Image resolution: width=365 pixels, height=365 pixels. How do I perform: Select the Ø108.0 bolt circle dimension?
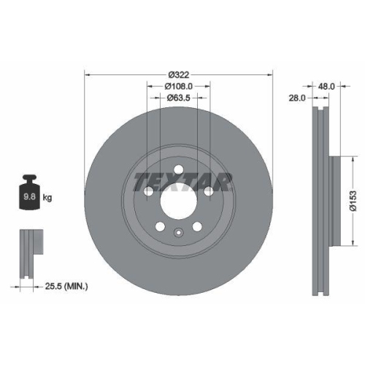(179, 86)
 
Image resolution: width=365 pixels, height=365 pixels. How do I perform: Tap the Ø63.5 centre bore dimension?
(179, 97)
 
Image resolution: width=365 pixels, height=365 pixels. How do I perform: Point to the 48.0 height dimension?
(326, 85)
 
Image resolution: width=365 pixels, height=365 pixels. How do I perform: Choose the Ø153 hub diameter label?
(352, 195)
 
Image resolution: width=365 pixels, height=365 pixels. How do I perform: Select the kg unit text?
(47, 198)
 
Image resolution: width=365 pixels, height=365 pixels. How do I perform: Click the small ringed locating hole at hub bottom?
(179, 234)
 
